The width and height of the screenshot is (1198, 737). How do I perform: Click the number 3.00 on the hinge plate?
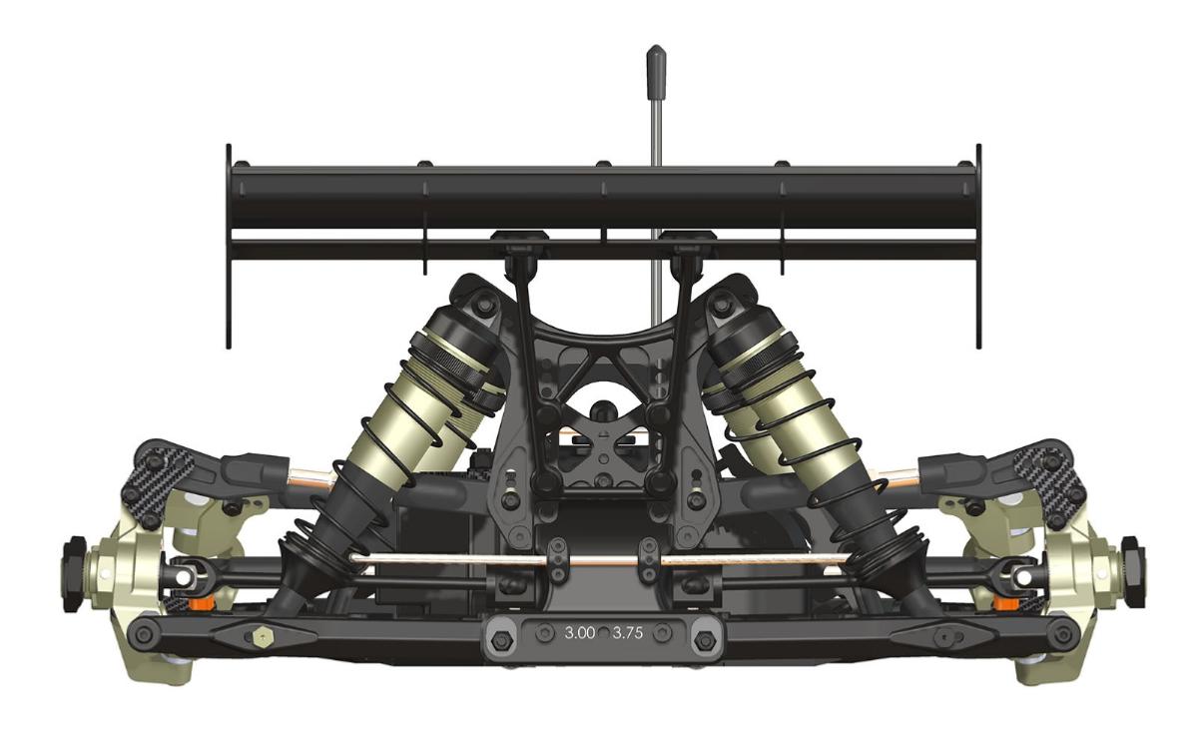click(x=580, y=633)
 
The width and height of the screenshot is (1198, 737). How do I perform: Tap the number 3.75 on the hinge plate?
click(x=627, y=633)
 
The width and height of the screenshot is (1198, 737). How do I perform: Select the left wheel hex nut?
click(x=74, y=574)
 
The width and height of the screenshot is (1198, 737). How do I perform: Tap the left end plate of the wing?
click(x=229, y=247)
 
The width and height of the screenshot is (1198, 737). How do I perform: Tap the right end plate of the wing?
click(x=978, y=247)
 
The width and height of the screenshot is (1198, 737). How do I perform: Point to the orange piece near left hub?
click(x=205, y=602)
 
